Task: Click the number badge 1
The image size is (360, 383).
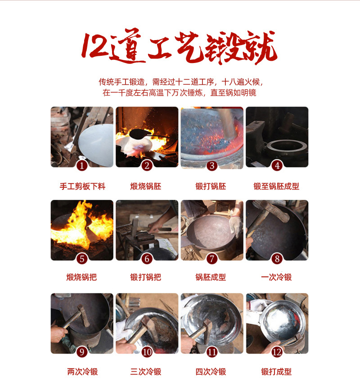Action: tap(82, 166)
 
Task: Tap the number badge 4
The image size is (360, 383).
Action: tap(277, 166)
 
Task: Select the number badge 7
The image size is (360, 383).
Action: tap(212, 259)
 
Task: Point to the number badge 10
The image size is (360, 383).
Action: tap(147, 352)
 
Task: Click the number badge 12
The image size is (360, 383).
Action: tap(277, 352)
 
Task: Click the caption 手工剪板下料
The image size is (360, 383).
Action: tap(82, 186)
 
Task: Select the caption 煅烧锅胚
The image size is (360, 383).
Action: tap(145, 186)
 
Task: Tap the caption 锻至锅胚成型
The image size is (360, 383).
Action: tap(276, 186)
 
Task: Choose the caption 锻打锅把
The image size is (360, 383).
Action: tap(145, 277)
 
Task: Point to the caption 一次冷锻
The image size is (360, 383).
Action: tap(276, 277)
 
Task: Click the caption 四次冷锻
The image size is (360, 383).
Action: tap(211, 372)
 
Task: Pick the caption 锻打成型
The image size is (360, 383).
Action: tap(276, 372)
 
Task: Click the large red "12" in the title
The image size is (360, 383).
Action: tap(96, 46)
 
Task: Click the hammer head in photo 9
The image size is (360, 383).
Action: tap(84, 315)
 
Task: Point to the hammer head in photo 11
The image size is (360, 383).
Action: tap(207, 331)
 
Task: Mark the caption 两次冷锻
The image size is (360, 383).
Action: tap(82, 372)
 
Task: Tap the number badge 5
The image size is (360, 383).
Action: tap(82, 259)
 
